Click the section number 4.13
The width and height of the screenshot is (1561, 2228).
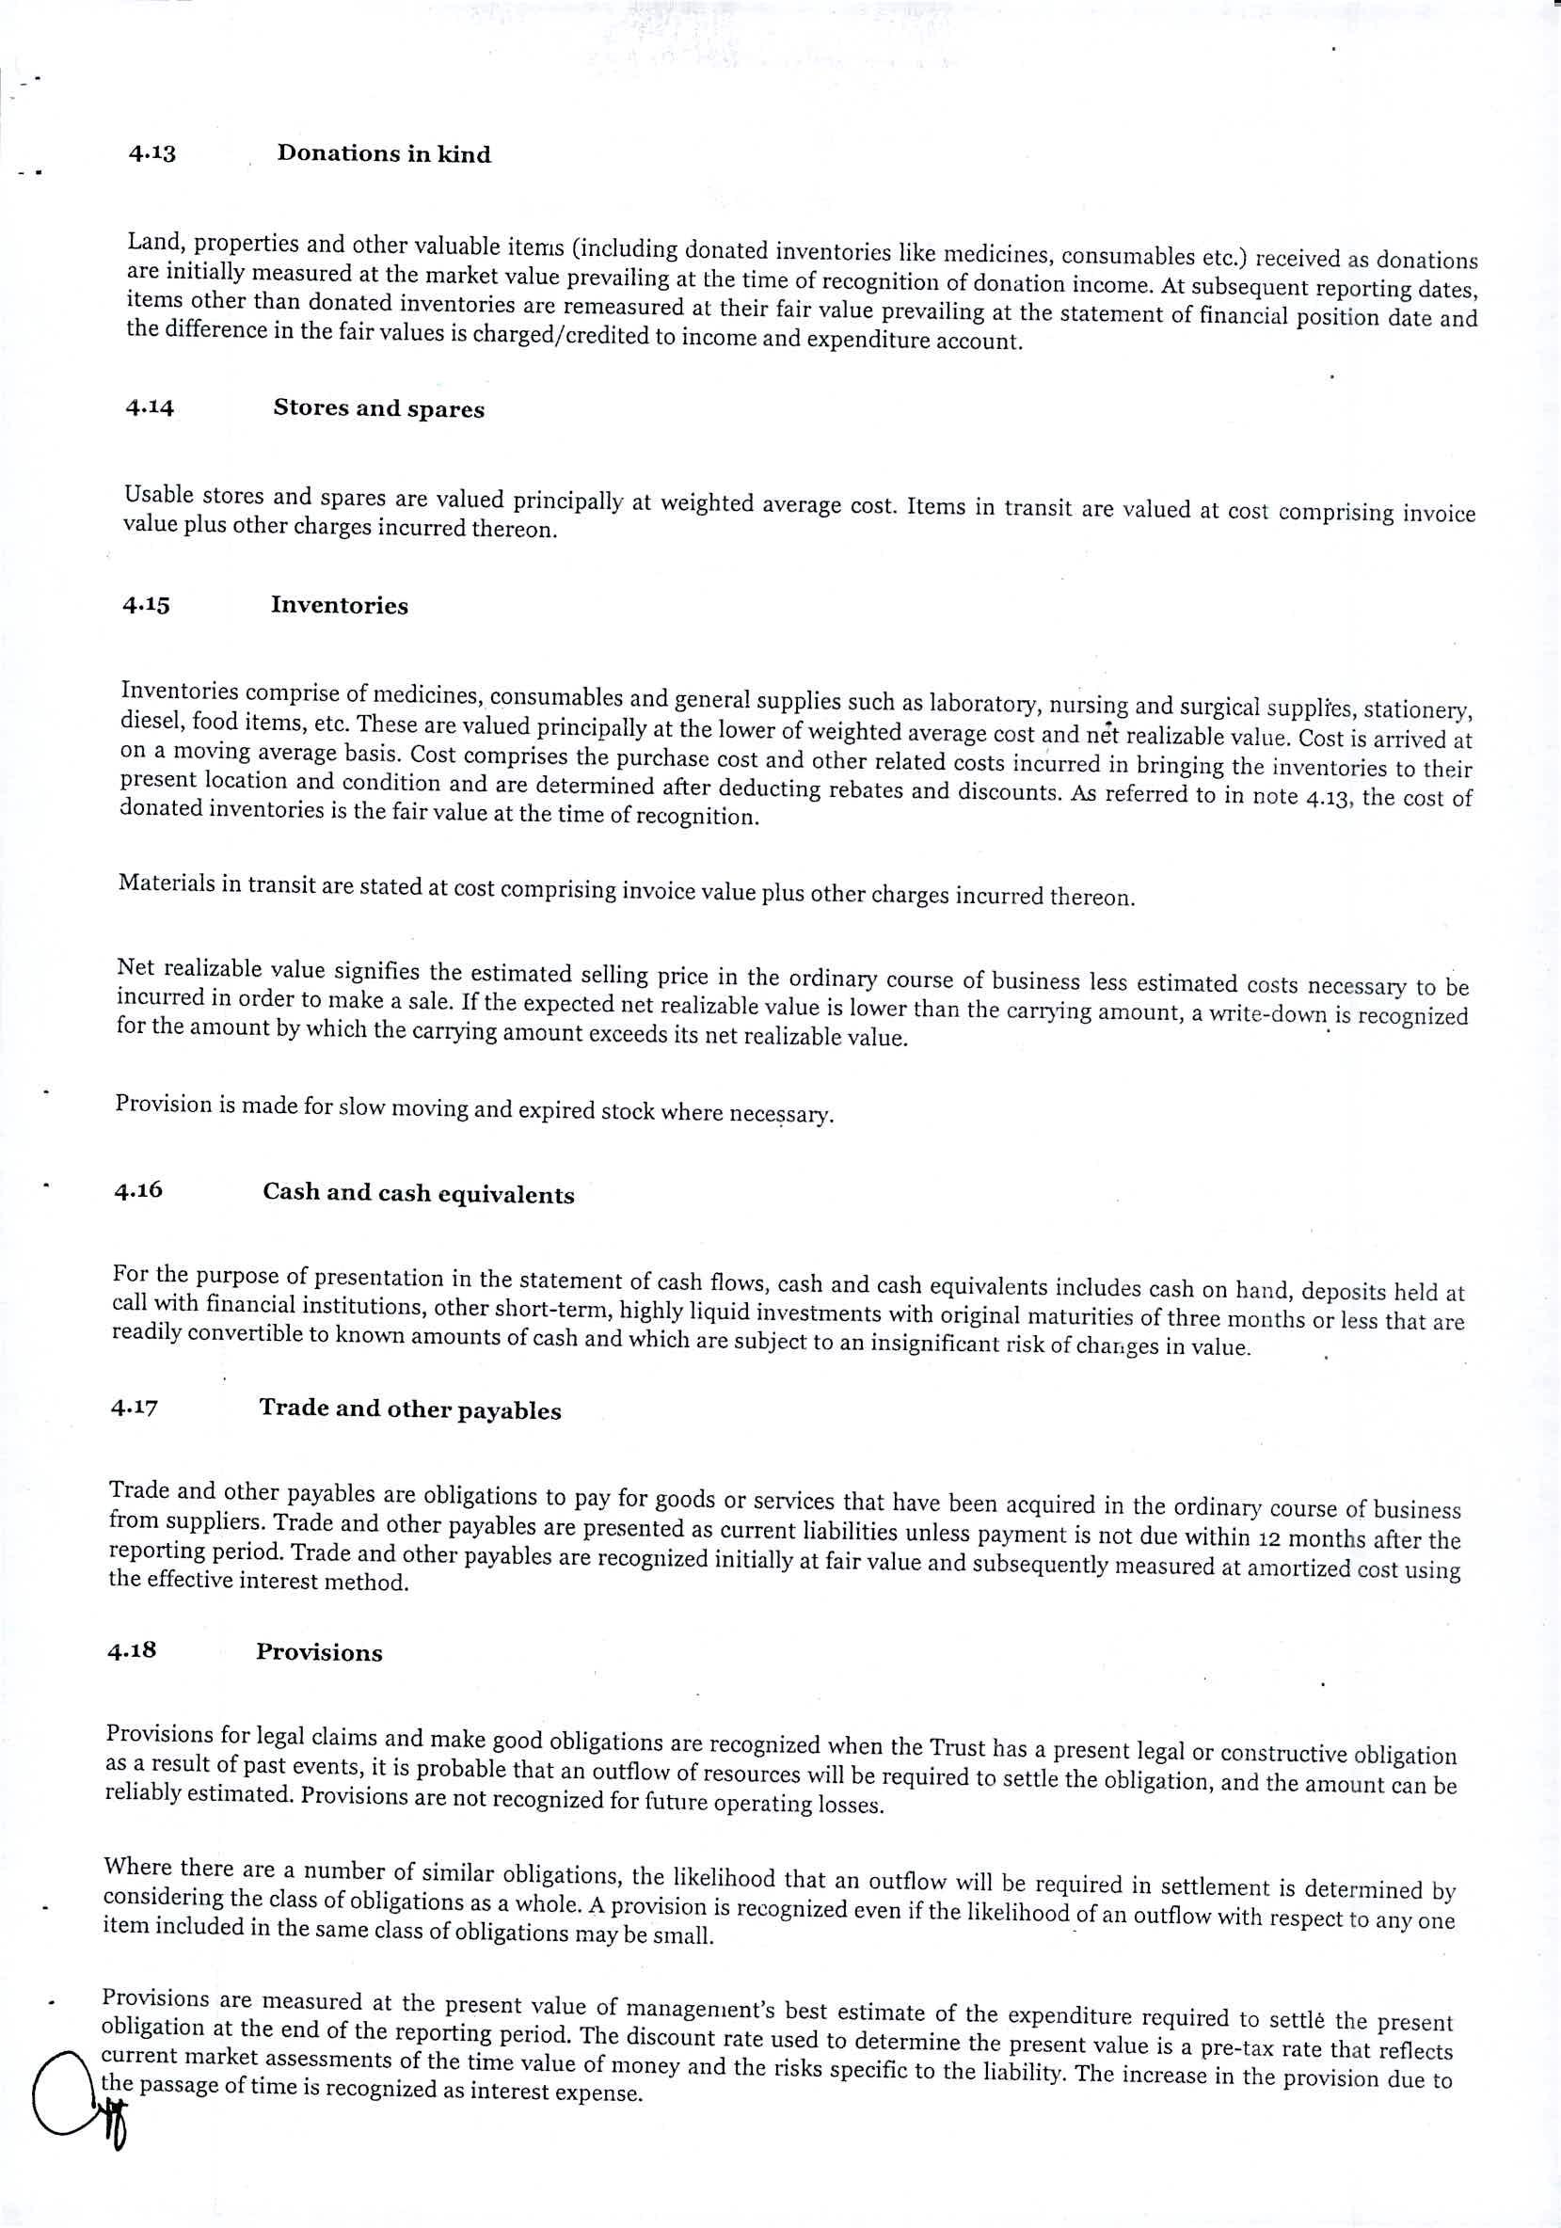151,153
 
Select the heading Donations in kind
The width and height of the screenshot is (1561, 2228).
384,154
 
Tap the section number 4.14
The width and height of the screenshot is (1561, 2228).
150,407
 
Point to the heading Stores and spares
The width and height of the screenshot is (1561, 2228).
378,408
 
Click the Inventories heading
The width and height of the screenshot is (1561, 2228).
340,606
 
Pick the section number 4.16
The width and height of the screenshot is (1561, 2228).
137,1190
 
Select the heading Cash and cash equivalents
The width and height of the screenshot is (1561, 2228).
418,1194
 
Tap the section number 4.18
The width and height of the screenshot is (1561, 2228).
132,1649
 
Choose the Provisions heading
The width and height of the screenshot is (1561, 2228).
319,1652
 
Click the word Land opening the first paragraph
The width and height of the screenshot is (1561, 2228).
150,243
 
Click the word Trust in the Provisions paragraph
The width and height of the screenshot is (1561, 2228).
958,1747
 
